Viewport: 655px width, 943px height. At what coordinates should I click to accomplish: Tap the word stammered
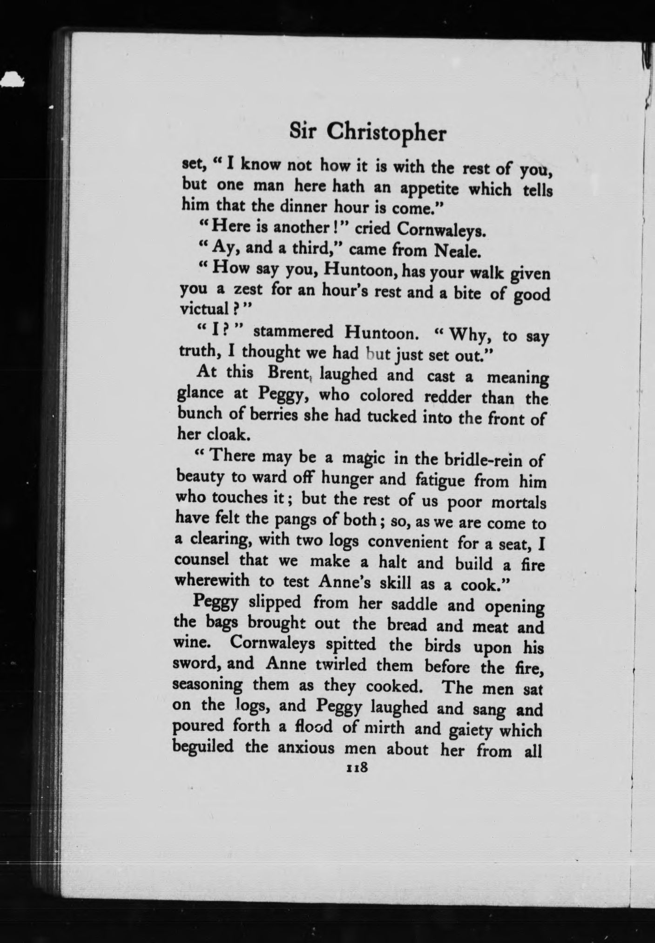294,332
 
